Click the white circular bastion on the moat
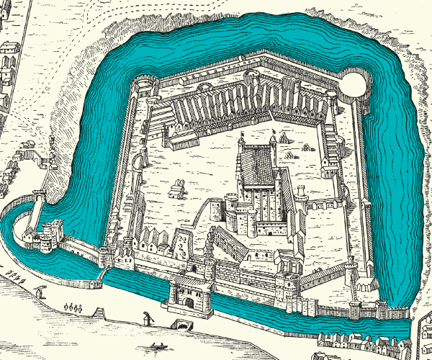[354, 85]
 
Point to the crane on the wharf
[148, 317]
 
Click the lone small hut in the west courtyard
[176, 191]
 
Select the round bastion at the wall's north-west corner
[144, 86]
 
